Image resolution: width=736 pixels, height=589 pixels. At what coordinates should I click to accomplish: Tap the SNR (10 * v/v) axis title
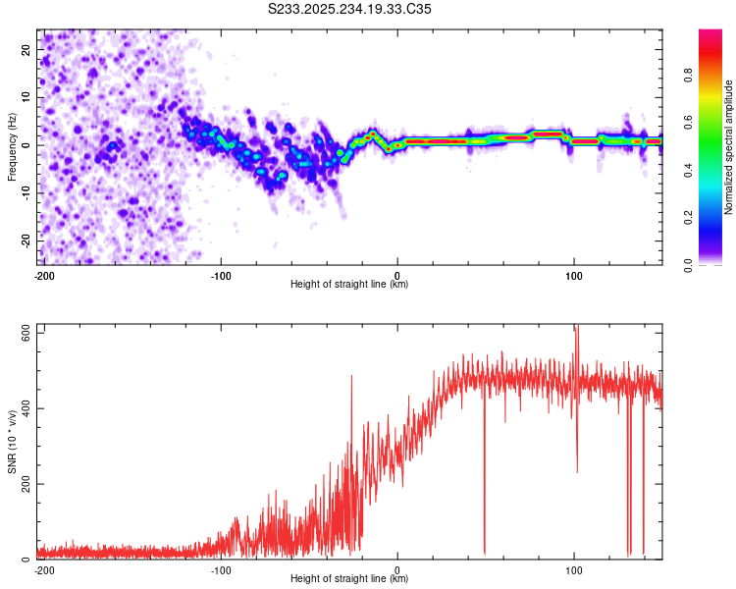[12, 442]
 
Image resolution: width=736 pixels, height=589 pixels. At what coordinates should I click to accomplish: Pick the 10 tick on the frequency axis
[26, 96]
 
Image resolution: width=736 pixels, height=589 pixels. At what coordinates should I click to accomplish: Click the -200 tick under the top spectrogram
[44, 275]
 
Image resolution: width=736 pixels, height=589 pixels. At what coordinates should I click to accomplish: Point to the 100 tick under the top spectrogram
[573, 275]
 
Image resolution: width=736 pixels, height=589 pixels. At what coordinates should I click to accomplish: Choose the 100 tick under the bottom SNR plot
[573, 569]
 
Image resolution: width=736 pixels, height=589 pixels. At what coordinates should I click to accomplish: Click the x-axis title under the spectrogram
[349, 285]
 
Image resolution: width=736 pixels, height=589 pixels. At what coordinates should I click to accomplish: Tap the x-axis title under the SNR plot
[349, 579]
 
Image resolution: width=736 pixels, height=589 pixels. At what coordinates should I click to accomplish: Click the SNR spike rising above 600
[576, 330]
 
